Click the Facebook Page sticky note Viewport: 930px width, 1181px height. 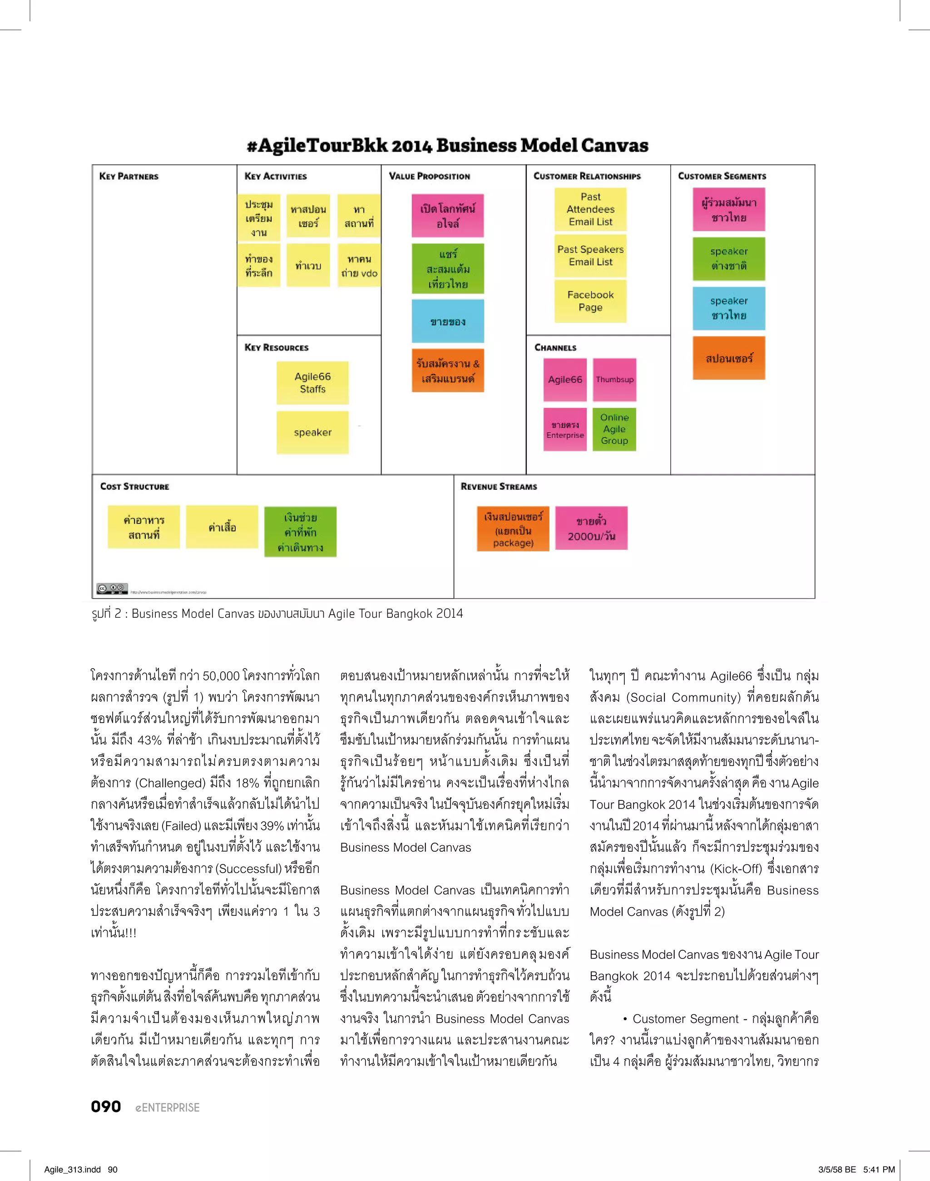coord(590,301)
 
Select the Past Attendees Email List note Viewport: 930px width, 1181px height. coord(590,209)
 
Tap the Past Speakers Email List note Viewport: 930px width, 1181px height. coord(590,255)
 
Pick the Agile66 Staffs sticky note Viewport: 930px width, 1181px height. coord(312,382)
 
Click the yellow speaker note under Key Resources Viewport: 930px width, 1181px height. coord(312,432)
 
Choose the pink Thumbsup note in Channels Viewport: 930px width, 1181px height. coord(614,379)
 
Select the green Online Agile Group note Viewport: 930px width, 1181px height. coord(614,429)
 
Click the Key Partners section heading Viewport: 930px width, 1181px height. coord(129,176)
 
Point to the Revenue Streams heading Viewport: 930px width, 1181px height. coord(499,486)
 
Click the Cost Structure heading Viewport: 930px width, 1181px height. coord(134,486)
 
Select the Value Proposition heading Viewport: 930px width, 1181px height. coord(429,176)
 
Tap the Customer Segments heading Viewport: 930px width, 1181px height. coord(722,176)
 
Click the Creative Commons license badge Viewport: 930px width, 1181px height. coord(112,589)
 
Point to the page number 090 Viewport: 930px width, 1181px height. coord(106,1107)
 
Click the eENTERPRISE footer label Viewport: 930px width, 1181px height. coord(168,1107)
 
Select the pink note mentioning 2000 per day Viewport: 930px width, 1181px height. coord(591,528)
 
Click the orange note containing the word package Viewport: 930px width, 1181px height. coord(513,529)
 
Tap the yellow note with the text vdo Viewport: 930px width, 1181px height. coord(359,266)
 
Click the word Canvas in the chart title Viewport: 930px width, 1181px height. coord(615,145)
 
